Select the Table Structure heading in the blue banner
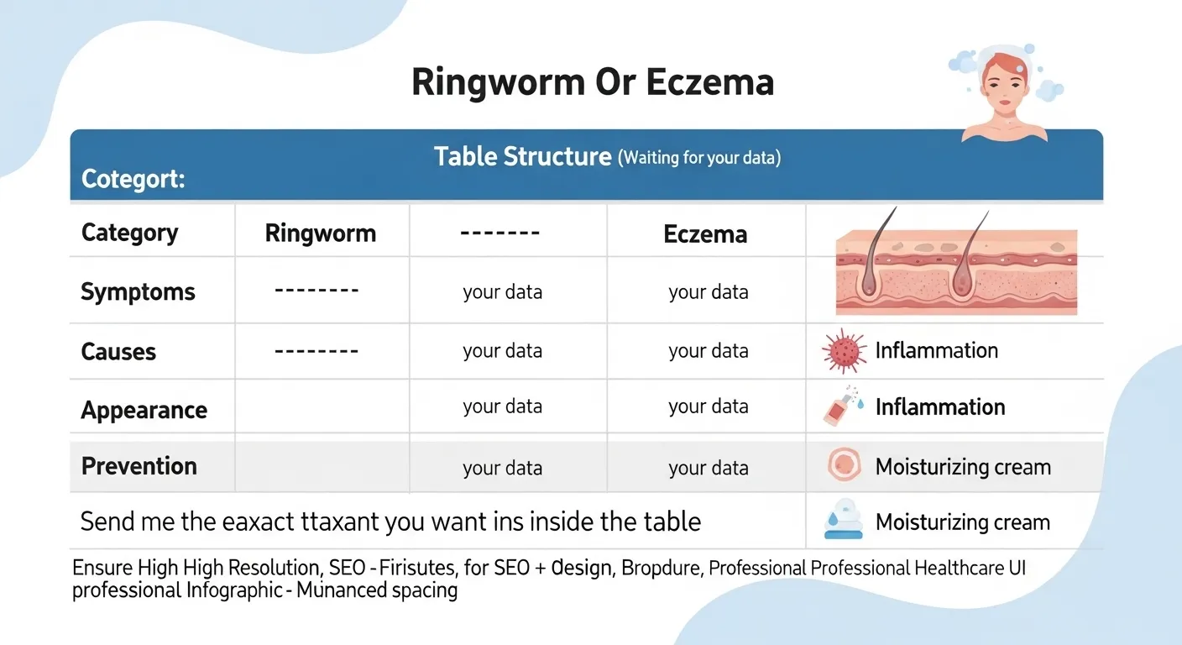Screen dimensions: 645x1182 point(522,156)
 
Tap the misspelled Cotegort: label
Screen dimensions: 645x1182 point(133,180)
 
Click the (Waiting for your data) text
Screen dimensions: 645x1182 point(699,158)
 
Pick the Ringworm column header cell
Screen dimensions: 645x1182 point(320,233)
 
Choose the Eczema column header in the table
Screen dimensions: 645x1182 point(705,233)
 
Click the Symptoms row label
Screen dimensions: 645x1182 point(138,291)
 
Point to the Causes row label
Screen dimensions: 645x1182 point(118,351)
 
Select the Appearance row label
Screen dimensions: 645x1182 point(144,410)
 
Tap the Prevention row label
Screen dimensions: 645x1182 point(139,465)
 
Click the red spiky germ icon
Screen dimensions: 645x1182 point(843,351)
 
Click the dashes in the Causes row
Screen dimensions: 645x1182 point(316,349)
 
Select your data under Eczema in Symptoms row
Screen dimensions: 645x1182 point(708,292)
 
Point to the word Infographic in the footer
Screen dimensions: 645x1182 point(233,590)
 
